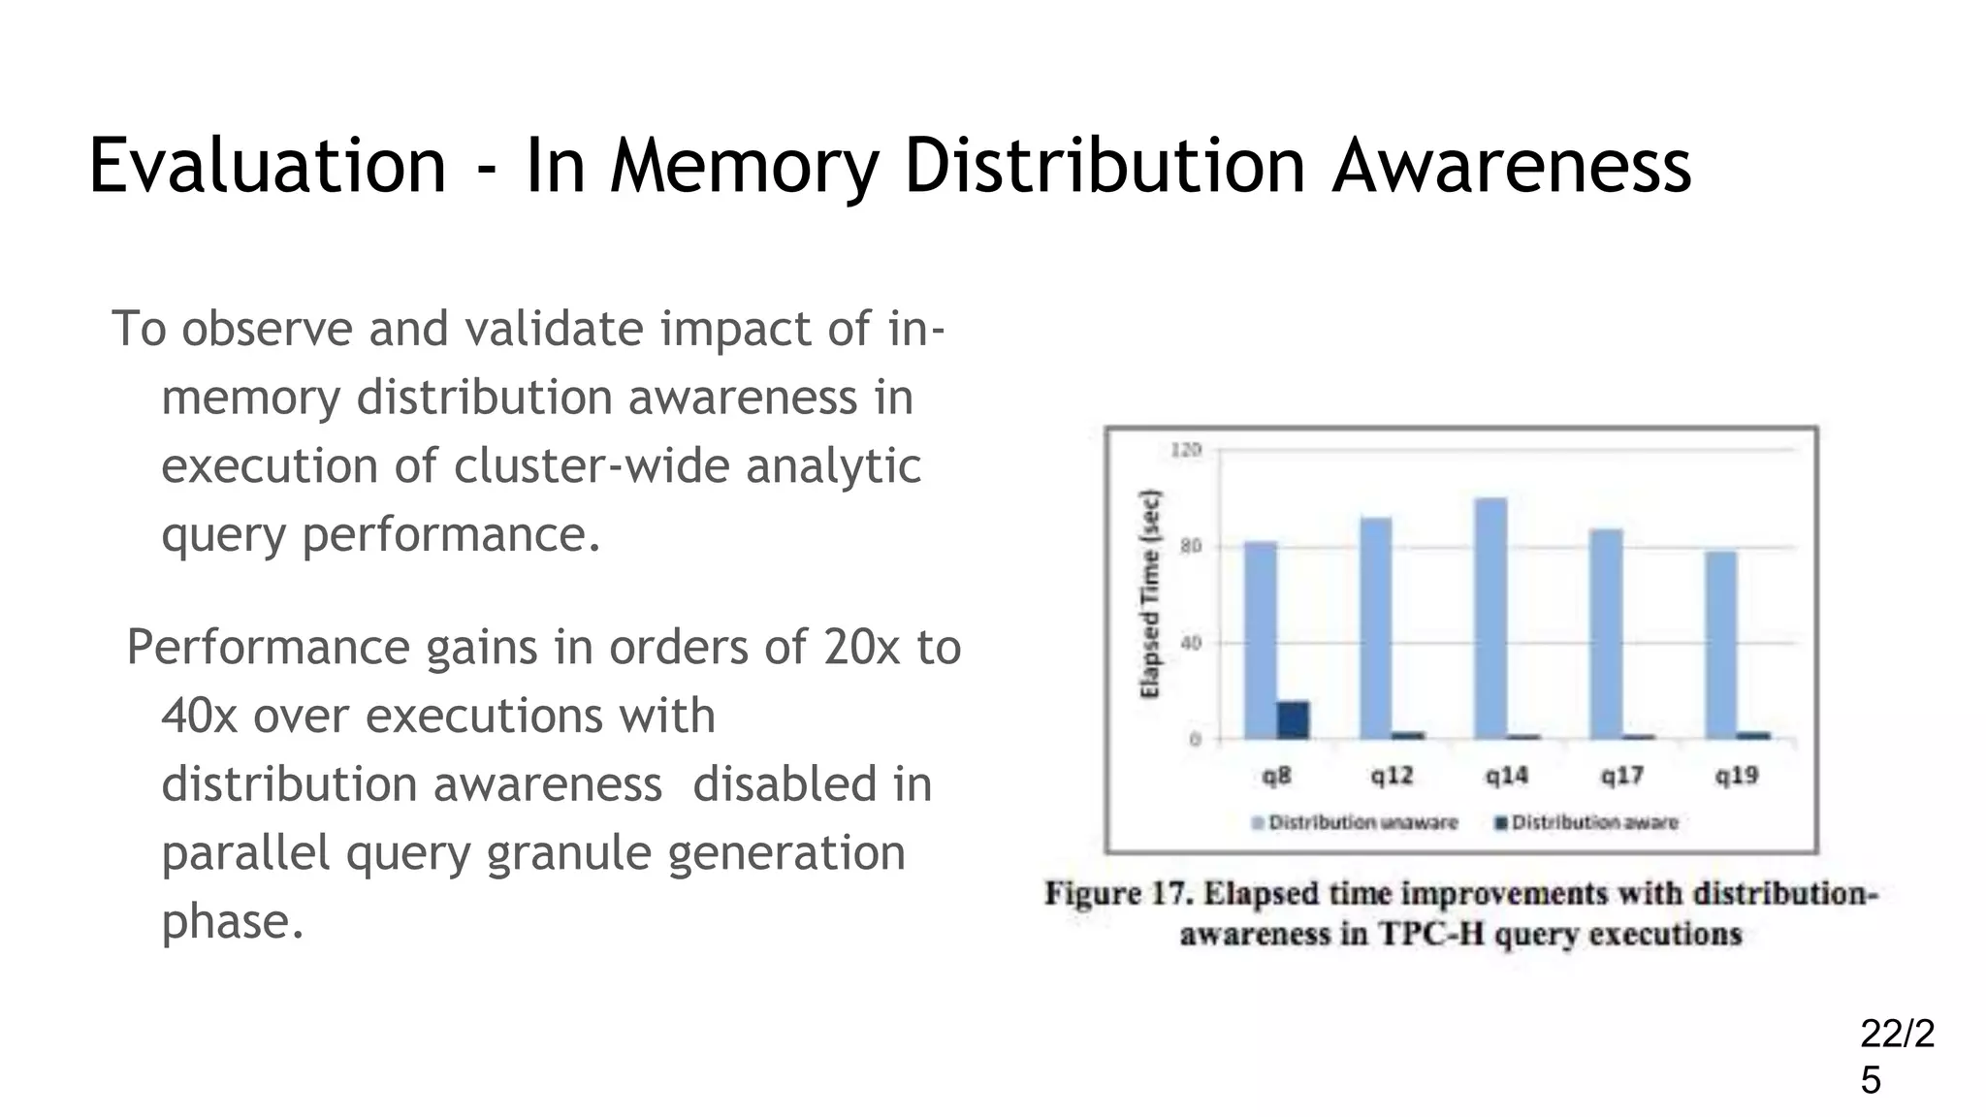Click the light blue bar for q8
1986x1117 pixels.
[1260, 640]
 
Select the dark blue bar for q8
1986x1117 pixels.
[1293, 719]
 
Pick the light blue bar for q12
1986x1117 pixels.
[1375, 628]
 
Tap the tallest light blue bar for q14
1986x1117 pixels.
[1490, 619]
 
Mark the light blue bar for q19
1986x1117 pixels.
[1720, 645]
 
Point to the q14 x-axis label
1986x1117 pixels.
[1506, 776]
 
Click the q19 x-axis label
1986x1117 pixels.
[1736, 776]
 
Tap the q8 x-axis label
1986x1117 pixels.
[1276, 776]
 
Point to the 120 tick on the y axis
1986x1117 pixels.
[1186, 450]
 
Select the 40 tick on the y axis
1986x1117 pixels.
[1190, 643]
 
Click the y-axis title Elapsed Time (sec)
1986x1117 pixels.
[1150, 593]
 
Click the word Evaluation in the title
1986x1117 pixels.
[267, 166]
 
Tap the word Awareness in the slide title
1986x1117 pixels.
[1511, 166]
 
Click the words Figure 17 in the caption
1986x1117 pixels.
[1117, 893]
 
